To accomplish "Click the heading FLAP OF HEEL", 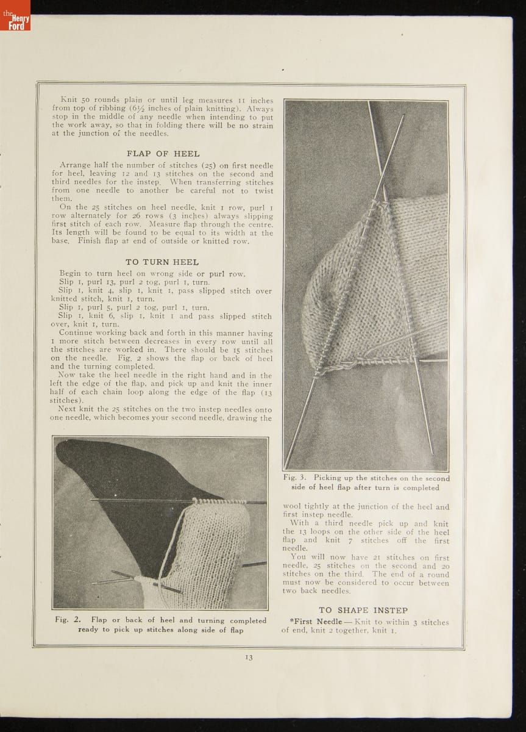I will pyautogui.click(x=163, y=154).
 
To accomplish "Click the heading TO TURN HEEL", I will pyautogui.click(x=162, y=262).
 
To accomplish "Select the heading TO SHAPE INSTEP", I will pyautogui.click(x=363, y=610).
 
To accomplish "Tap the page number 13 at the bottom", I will pyautogui.click(x=249, y=657).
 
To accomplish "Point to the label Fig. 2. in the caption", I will pyautogui.click(x=68, y=620).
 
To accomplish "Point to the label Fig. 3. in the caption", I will pyautogui.click(x=296, y=478).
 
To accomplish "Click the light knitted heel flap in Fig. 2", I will pyautogui.click(x=210, y=549).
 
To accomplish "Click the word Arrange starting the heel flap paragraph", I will pyautogui.click(x=75, y=165).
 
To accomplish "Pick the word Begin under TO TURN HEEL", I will pyautogui.click(x=71, y=274).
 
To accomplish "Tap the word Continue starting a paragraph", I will pyautogui.click(x=77, y=333).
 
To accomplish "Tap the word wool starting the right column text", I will pyautogui.click(x=293, y=506).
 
